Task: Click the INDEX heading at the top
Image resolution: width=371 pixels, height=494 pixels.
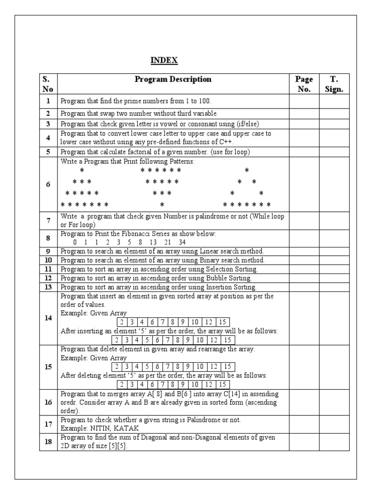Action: coord(164,60)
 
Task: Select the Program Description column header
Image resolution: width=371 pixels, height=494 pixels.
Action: coord(173,79)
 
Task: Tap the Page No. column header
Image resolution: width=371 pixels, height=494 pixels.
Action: coord(304,84)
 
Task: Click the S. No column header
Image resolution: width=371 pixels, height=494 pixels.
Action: coord(48,84)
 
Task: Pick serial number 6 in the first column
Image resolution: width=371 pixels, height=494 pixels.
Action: coord(48,185)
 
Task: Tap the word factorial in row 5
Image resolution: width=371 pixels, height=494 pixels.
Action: coord(132,151)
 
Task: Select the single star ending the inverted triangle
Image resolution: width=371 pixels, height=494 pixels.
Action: coord(162,205)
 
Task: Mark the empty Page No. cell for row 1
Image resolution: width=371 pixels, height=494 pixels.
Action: coord(304,101)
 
